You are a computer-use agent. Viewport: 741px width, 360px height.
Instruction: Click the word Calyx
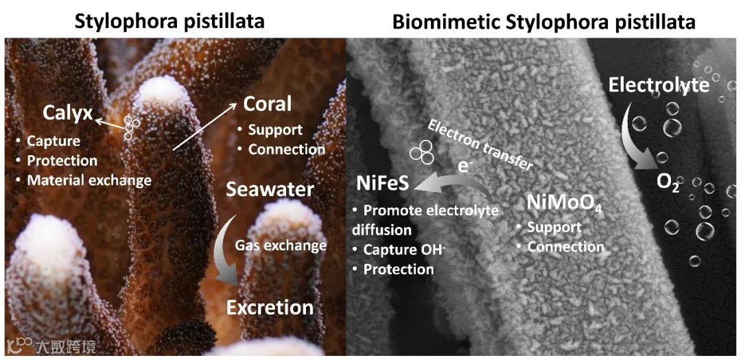tap(67, 112)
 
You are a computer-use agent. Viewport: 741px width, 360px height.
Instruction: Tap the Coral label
tap(268, 104)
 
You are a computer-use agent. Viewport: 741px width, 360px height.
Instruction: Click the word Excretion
tap(270, 307)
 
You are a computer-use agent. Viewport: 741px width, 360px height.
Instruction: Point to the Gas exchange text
tap(281, 245)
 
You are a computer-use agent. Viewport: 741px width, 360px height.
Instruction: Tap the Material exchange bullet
tap(89, 181)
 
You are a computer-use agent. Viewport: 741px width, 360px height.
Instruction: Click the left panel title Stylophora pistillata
tap(169, 21)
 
